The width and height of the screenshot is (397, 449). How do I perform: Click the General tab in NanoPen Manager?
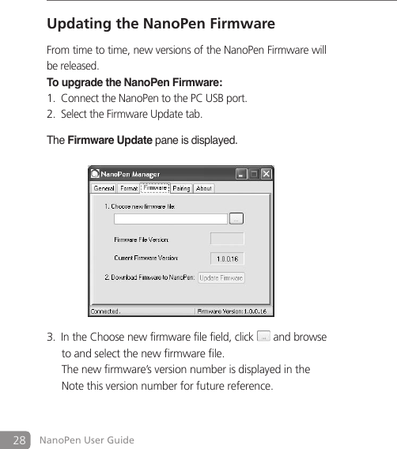104,188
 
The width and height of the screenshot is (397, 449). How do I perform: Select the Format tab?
128,188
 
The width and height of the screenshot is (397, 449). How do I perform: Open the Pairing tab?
181,188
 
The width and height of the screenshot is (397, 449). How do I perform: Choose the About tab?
204,188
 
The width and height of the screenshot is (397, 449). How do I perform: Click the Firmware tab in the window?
155,187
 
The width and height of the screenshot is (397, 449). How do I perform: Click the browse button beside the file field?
236,218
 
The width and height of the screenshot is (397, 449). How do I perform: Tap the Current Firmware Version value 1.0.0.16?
227,258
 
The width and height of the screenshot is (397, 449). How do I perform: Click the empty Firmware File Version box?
227,239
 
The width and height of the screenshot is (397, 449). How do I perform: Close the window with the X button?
267,173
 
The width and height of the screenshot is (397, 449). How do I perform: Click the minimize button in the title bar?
242,173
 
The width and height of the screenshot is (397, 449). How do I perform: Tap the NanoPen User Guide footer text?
87,440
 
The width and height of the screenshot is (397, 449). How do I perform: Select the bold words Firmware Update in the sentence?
110,140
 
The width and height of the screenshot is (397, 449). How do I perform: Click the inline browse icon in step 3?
263,337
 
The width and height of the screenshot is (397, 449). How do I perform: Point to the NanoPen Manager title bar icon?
94,173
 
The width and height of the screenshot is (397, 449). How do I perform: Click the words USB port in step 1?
229,98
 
